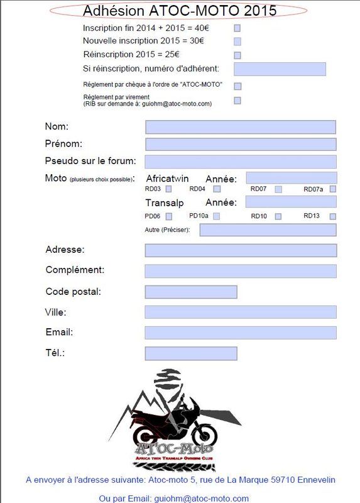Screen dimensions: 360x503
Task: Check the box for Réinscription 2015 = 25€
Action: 237,55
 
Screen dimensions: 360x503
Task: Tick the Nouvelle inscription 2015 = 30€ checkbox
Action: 237,41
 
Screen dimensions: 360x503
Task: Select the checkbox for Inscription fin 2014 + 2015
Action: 237,28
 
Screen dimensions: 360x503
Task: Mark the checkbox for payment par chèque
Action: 237,86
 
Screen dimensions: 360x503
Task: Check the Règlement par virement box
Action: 237,101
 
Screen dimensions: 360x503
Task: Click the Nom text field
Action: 241,127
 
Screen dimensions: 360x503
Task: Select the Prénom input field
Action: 241,144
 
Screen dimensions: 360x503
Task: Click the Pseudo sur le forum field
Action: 241,162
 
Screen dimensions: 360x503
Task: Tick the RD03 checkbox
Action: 168,189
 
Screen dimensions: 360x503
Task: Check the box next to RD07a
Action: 333,189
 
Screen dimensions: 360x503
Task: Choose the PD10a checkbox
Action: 216,216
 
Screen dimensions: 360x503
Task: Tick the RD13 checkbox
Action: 333,216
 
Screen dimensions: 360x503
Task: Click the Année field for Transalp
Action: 291,202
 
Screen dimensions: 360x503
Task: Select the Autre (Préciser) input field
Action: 268,230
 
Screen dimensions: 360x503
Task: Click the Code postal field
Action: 191,292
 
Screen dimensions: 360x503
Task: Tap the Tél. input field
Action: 191,353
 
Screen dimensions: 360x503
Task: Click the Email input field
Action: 241,333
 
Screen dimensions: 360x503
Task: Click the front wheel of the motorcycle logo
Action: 202,433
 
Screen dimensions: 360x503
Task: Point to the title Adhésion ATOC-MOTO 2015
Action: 180,11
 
